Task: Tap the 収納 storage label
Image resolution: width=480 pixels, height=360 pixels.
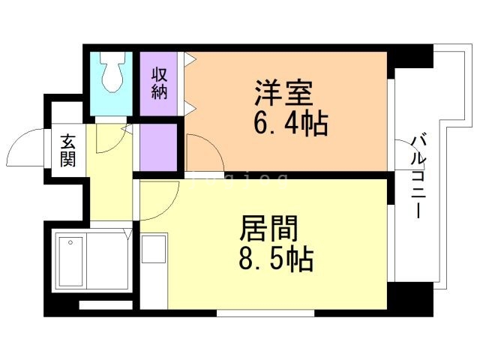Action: click(x=159, y=82)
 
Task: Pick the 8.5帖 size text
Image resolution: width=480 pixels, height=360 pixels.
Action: click(x=277, y=259)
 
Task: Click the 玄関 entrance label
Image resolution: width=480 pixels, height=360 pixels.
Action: click(x=68, y=150)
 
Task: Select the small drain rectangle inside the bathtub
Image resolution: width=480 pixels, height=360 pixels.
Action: click(x=72, y=242)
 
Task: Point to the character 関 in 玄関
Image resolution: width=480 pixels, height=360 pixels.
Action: click(x=68, y=160)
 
